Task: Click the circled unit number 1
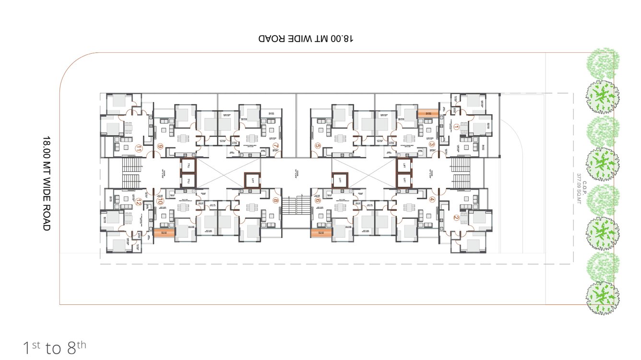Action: click(456, 127)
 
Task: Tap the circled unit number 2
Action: click(456, 217)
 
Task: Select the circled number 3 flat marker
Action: click(431, 144)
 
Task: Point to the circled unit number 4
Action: click(432, 200)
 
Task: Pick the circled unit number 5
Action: click(318, 146)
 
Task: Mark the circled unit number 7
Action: click(275, 146)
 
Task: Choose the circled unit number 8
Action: click(275, 201)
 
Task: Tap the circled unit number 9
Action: click(160, 146)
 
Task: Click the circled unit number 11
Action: click(139, 148)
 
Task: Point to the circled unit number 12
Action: click(139, 201)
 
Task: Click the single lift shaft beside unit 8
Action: click(252, 180)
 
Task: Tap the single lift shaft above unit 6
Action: click(339, 180)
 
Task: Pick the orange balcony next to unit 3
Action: click(427, 113)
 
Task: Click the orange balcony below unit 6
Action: click(321, 233)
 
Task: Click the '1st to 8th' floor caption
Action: click(55, 347)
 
